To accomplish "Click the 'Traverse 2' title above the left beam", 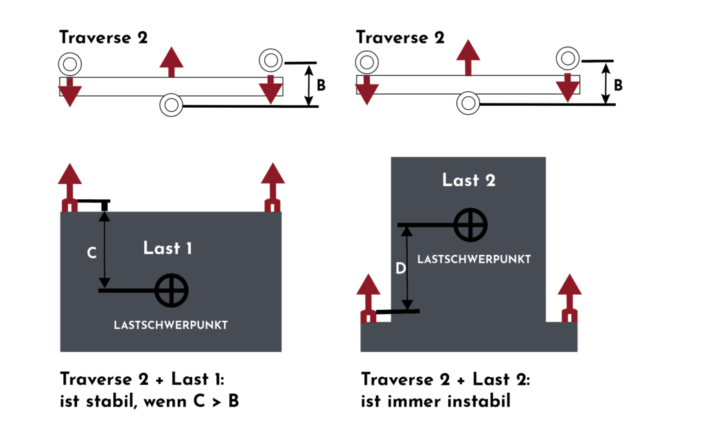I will click(103, 38).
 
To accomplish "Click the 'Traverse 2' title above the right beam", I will click(400, 38).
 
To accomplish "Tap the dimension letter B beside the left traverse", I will click(321, 86).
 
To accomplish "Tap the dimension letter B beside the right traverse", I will click(618, 86).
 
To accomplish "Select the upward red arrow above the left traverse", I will click(172, 63).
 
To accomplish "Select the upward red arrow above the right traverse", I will click(468, 57).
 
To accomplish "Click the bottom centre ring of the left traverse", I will click(171, 105).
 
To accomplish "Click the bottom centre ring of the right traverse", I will click(468, 104).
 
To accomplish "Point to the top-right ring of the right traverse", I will click(568, 58).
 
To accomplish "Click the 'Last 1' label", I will click(168, 248).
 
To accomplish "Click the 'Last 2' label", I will click(468, 180).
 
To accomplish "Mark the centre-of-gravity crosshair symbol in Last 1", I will click(171, 290).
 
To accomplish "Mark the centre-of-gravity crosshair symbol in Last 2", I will click(470, 225).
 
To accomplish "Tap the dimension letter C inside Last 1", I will click(91, 253).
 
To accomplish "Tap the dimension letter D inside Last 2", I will click(401, 269).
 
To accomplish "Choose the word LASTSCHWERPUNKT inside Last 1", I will click(170, 325).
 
